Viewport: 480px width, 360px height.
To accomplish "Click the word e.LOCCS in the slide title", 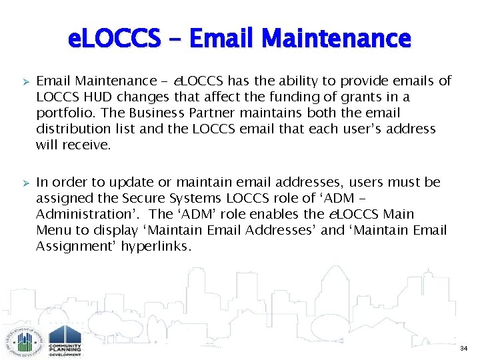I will click(114, 38).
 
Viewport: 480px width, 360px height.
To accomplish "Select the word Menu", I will click(53, 230).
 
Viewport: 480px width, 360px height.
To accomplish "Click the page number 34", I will click(463, 349).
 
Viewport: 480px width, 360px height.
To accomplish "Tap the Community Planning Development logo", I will click(65, 339).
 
